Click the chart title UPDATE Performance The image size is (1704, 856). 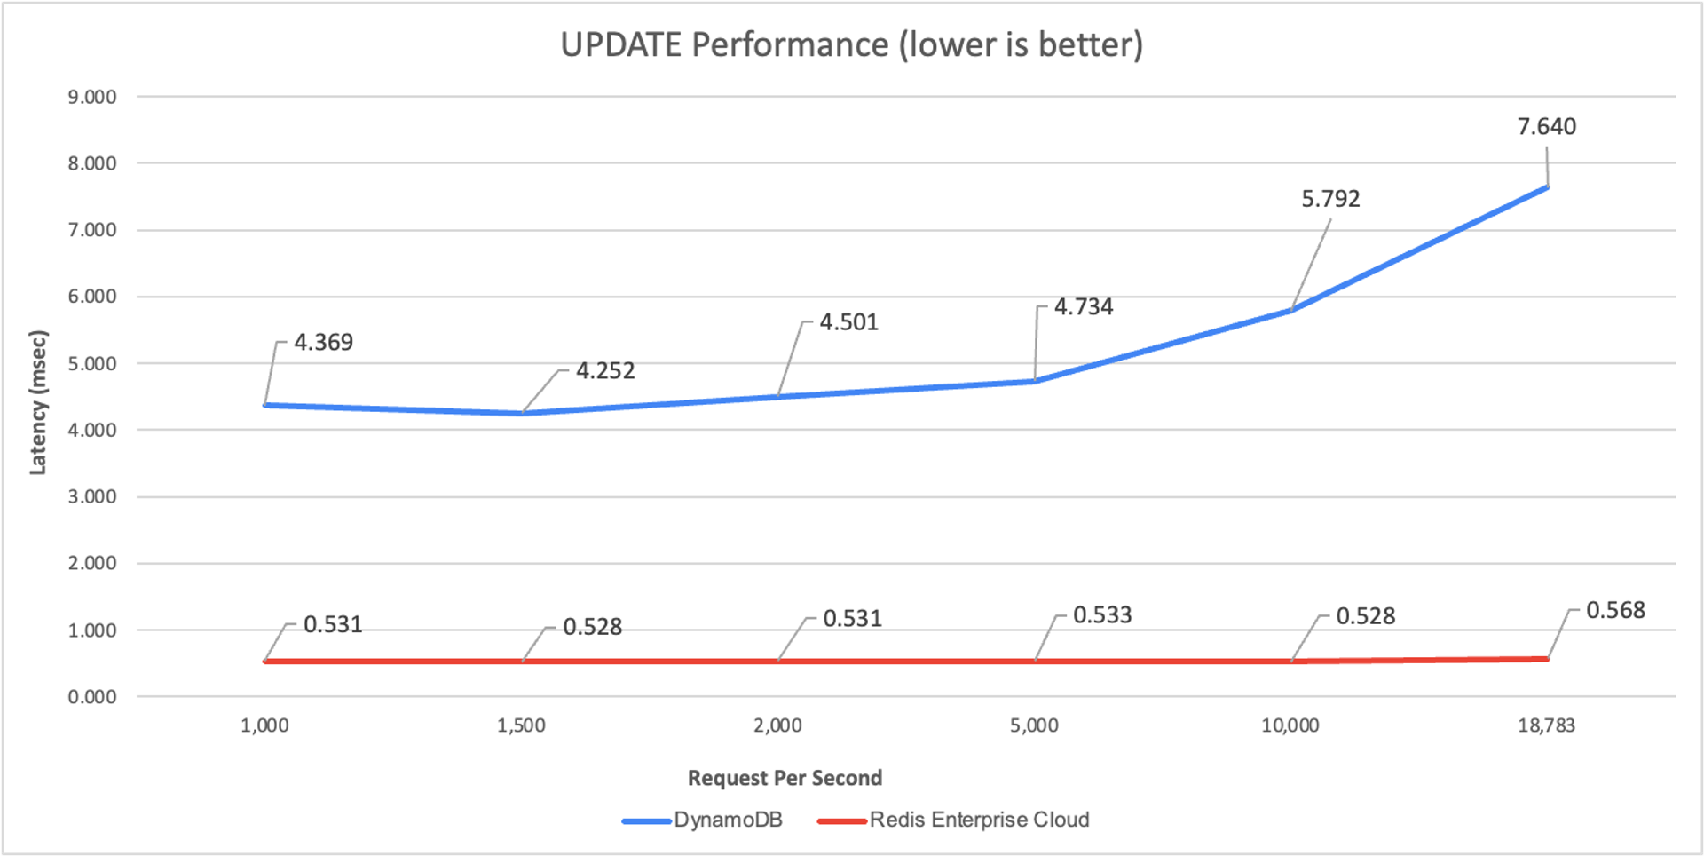click(x=851, y=44)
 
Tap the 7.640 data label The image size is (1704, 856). click(x=1546, y=127)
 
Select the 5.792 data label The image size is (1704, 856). click(x=1330, y=199)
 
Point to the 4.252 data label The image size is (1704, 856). click(x=605, y=371)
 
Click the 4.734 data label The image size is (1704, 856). click(x=1083, y=307)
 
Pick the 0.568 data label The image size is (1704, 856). click(x=1615, y=611)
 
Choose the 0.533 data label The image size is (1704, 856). click(x=1102, y=615)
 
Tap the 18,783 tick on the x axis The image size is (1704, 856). click(x=1546, y=725)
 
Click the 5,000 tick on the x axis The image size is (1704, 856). click(x=1034, y=725)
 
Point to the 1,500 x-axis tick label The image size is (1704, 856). click(x=521, y=725)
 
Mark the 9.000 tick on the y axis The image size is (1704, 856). click(x=92, y=97)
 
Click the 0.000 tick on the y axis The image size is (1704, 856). click(x=92, y=697)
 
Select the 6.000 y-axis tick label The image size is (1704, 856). click(x=92, y=297)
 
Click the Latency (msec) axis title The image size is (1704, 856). click(x=37, y=402)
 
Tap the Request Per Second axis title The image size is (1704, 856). click(x=785, y=778)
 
